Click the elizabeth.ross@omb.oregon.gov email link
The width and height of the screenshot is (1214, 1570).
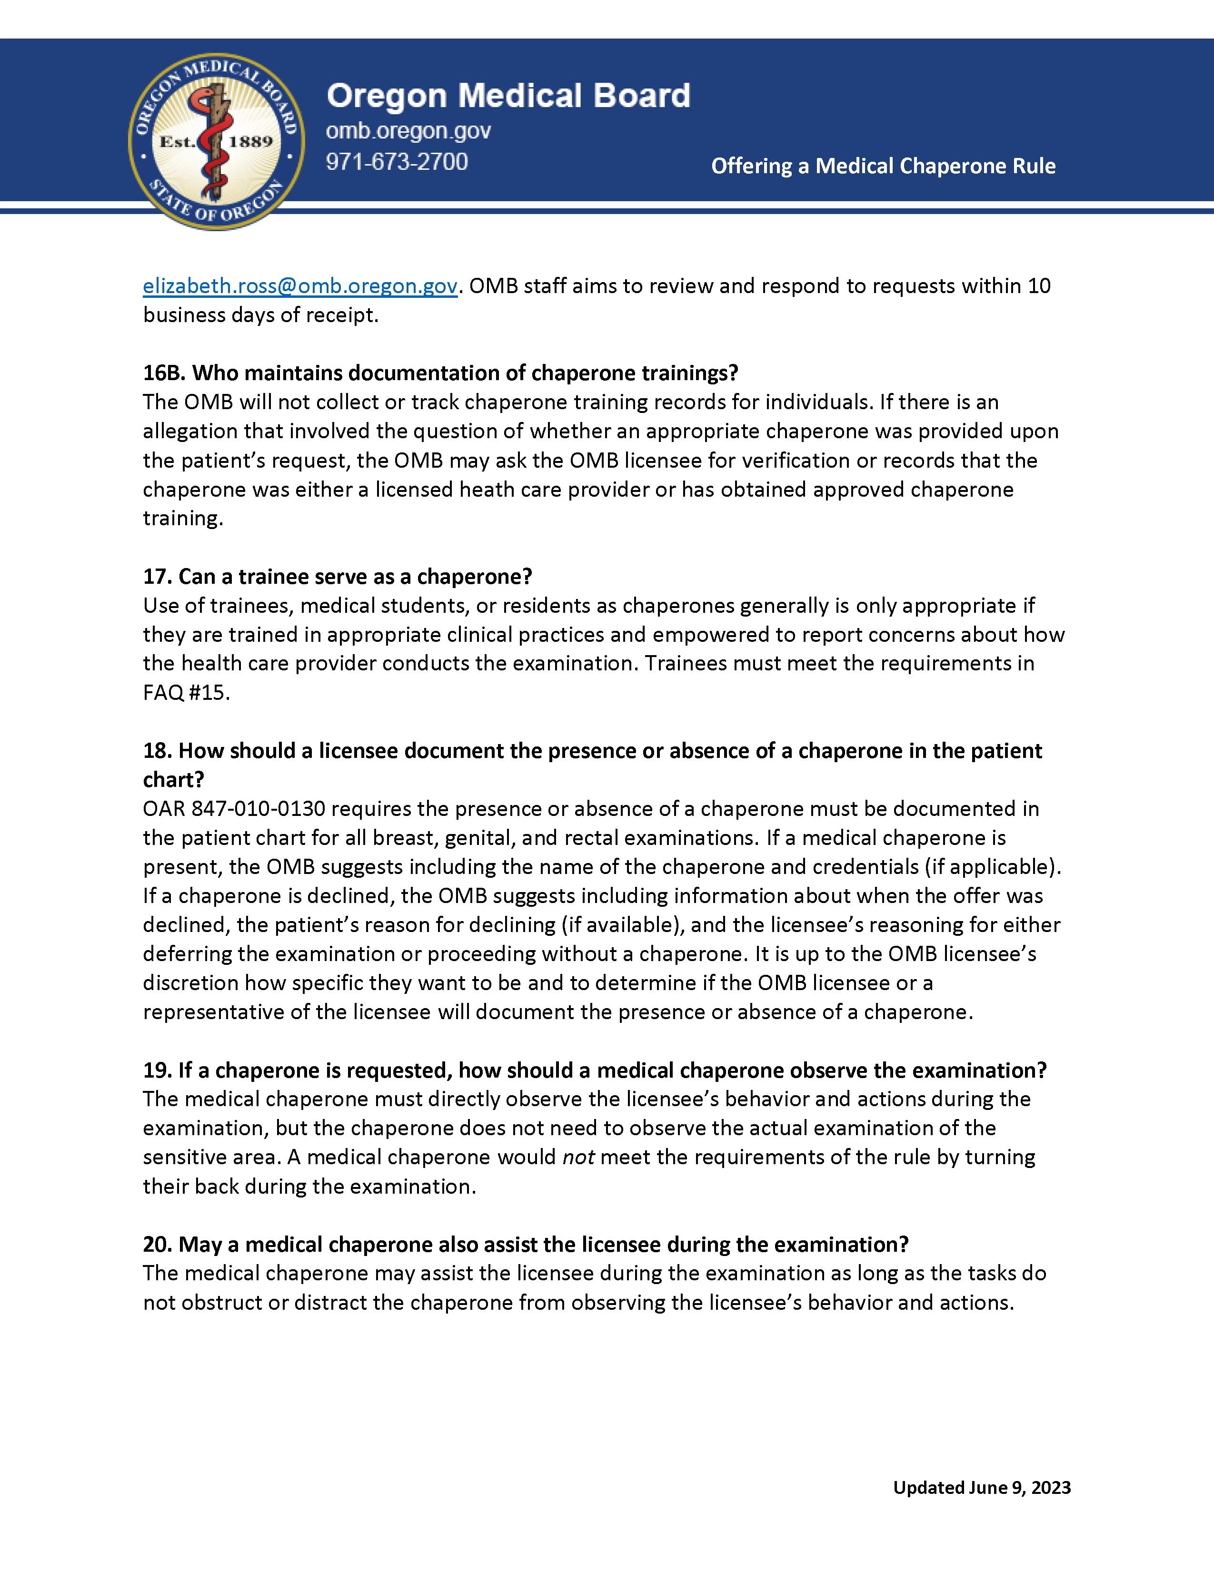300,286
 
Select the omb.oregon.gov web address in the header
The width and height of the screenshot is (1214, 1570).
408,131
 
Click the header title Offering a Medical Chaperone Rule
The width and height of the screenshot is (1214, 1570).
883,166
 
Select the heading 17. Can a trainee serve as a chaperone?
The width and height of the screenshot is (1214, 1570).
338,577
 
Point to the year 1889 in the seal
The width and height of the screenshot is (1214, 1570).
250,142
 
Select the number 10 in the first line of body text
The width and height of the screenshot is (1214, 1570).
1038,286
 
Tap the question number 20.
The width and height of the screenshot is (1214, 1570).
157,1245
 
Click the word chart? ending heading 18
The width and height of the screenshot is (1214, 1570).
173,780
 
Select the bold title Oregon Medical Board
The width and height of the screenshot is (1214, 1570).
508,96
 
